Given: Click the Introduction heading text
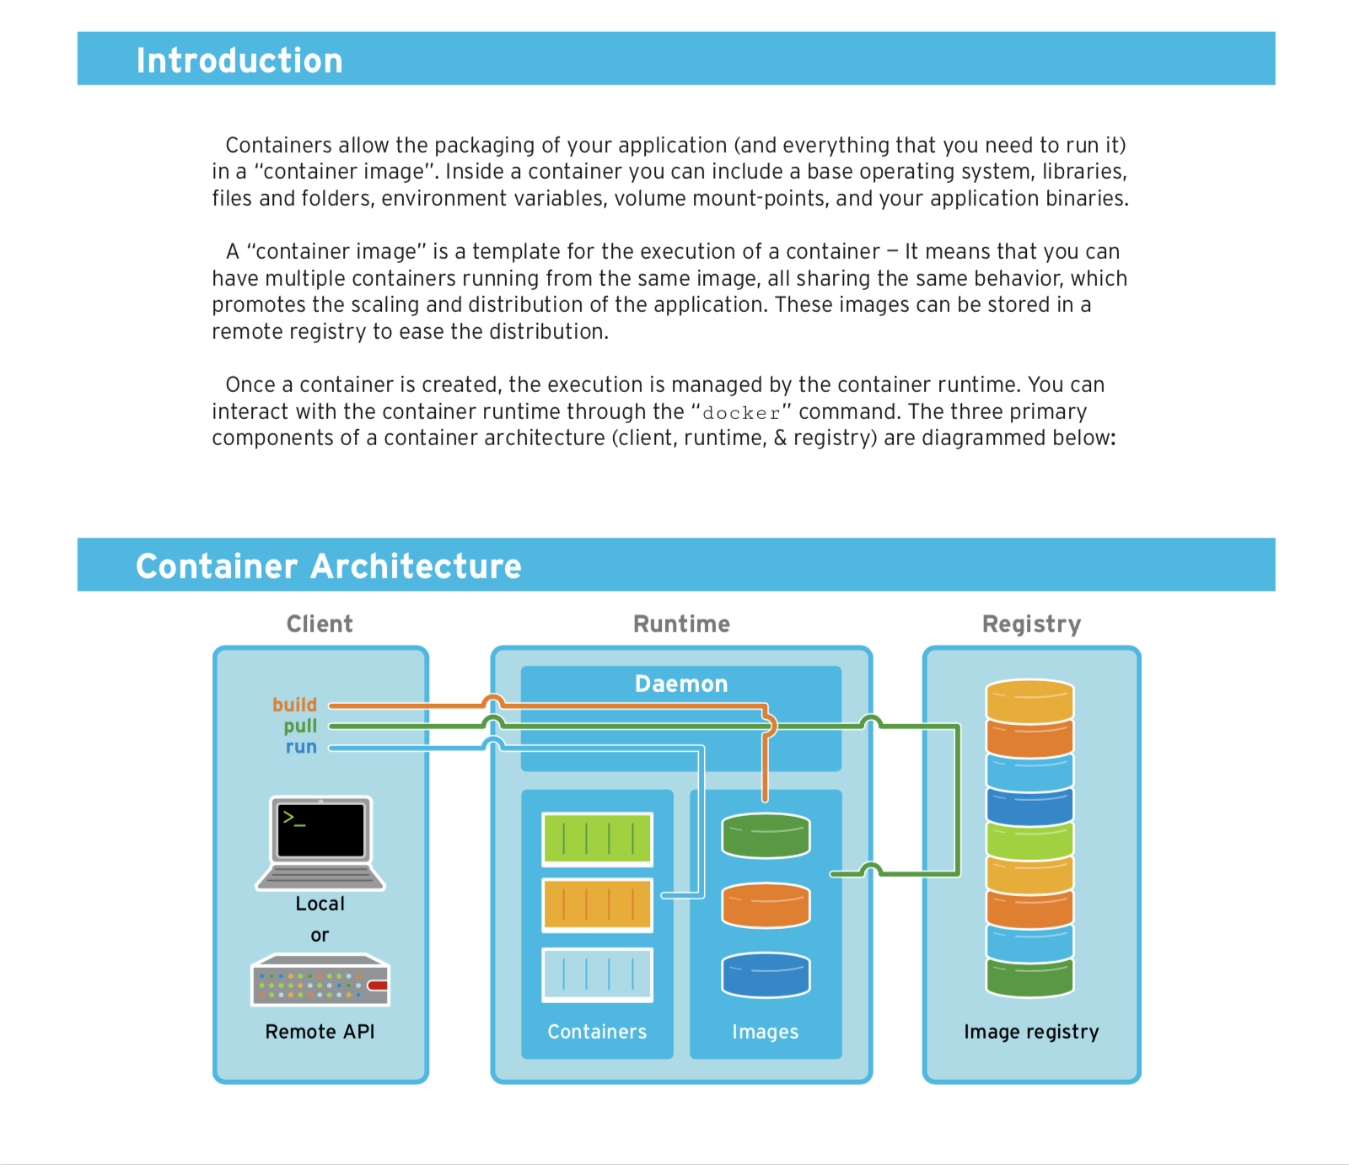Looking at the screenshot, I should point(239,61).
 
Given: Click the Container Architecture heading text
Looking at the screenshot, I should point(329,566).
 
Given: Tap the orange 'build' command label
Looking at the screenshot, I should point(294,705).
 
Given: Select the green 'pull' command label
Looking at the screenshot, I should point(300,726).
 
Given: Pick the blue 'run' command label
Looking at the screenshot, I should point(301,747).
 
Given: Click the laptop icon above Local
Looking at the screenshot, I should point(320,842).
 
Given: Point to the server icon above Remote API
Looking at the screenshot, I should point(320,980).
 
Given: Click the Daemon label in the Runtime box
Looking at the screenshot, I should point(681,684).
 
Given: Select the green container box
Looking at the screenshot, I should point(597,839).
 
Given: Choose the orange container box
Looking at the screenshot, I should point(597,905).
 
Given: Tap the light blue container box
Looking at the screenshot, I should point(597,974).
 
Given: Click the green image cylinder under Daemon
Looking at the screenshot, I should point(766,835).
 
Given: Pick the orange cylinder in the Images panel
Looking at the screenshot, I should point(766,905).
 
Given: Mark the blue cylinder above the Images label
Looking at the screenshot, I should point(766,974).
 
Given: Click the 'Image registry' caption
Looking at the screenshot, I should point(1031,1032).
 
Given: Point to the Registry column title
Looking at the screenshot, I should point(1031,624).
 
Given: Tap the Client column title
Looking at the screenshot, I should point(320,624).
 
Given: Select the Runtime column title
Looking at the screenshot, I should point(681,624).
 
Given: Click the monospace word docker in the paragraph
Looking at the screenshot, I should point(741,413).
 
